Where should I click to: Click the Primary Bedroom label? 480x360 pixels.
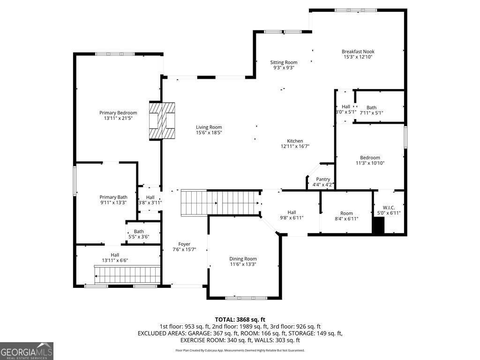coord(118,112)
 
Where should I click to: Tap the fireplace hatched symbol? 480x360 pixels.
coord(162,121)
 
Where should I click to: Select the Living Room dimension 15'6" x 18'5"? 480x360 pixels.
coord(209,133)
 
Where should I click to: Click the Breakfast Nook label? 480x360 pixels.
coord(358,52)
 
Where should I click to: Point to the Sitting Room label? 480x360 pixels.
coord(284,62)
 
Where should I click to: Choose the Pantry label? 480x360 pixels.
coord(323,179)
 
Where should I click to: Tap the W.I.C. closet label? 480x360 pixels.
coord(389,208)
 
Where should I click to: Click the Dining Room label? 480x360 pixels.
coord(243,259)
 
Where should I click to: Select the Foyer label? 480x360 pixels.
coord(184,244)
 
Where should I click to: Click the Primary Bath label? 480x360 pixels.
coord(113,197)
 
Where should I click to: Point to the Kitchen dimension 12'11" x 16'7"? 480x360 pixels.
coord(295,146)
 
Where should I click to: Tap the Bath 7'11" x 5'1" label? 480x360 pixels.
coord(371,107)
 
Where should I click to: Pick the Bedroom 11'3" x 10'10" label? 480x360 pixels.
coord(370,157)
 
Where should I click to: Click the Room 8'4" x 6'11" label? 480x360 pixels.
coord(346,213)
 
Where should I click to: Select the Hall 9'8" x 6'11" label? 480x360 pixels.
coord(292,212)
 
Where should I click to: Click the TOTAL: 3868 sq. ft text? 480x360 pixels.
coord(240,320)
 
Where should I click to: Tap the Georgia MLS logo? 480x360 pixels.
coord(27,351)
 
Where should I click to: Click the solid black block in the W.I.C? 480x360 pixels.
coord(378,225)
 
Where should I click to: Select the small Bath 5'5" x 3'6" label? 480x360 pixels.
coord(139,232)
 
